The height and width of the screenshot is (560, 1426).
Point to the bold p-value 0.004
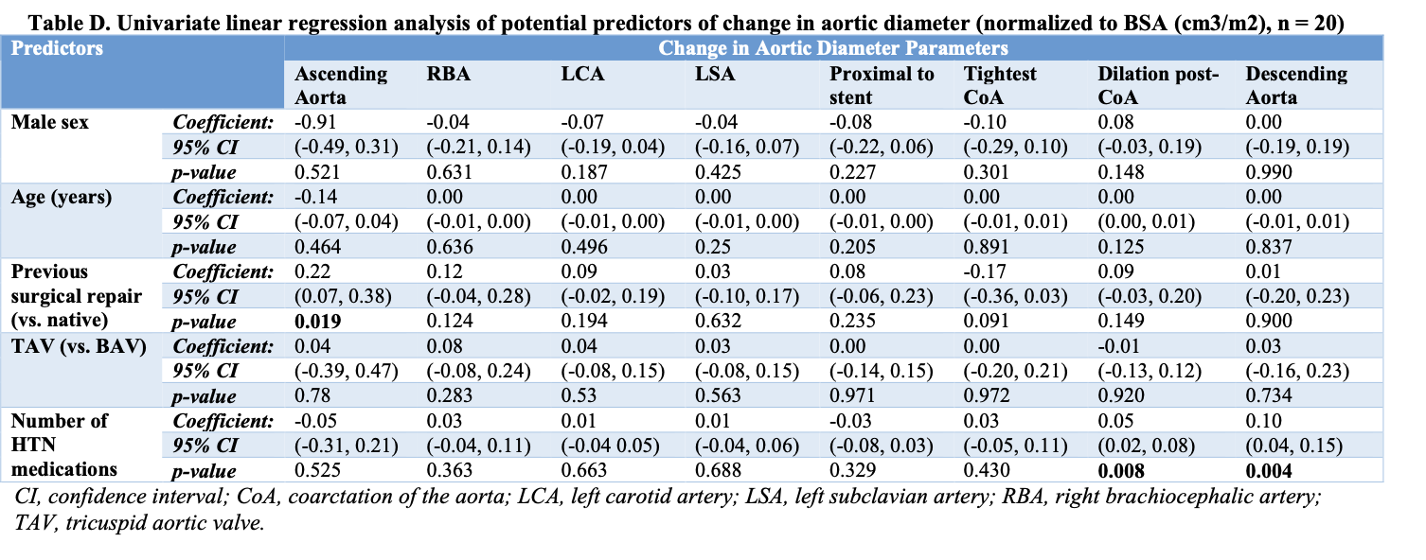(x=1269, y=469)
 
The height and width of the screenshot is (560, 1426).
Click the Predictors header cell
(x=57, y=48)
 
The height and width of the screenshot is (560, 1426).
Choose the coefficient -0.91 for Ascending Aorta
(x=313, y=122)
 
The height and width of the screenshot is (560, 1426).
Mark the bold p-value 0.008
(x=1121, y=469)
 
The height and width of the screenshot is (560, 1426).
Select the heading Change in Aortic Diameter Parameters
(x=834, y=48)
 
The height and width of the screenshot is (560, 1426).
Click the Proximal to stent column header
(x=882, y=85)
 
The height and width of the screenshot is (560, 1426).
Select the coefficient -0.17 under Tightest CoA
(x=984, y=271)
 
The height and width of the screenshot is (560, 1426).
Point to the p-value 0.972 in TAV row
(x=986, y=395)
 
